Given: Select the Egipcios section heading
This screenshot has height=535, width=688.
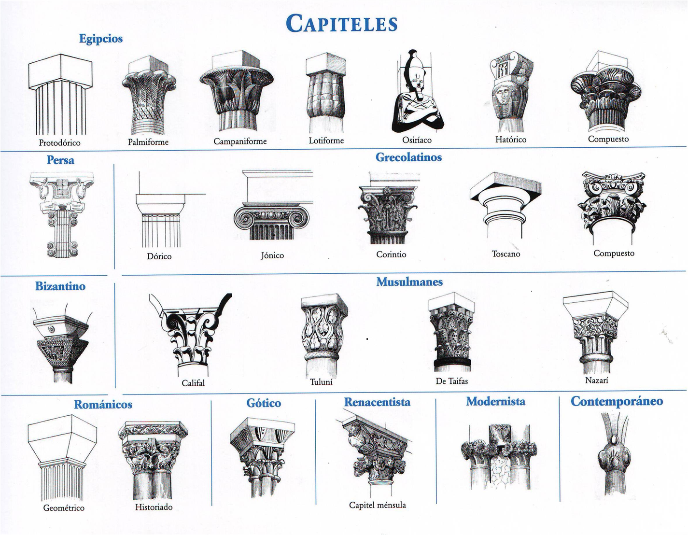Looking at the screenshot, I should tap(101, 39).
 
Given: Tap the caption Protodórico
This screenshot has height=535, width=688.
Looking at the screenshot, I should tap(60, 143).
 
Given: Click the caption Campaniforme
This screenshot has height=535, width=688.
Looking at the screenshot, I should tap(240, 141).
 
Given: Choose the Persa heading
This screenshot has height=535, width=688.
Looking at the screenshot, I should tap(60, 160).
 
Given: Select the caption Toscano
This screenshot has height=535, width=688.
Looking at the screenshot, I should tap(506, 254).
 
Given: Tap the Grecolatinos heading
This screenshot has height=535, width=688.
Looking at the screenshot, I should tap(408, 157).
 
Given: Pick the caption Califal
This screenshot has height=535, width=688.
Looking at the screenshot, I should tap(193, 383).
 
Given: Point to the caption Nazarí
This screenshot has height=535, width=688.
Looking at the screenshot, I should tap(597, 380).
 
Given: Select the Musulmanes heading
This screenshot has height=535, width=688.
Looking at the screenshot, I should tap(409, 282).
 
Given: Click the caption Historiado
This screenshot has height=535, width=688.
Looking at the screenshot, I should tap(154, 507).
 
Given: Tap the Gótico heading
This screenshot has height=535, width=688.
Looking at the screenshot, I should tap(264, 403).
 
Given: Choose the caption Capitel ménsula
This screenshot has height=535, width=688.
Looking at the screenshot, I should tap(378, 505).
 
